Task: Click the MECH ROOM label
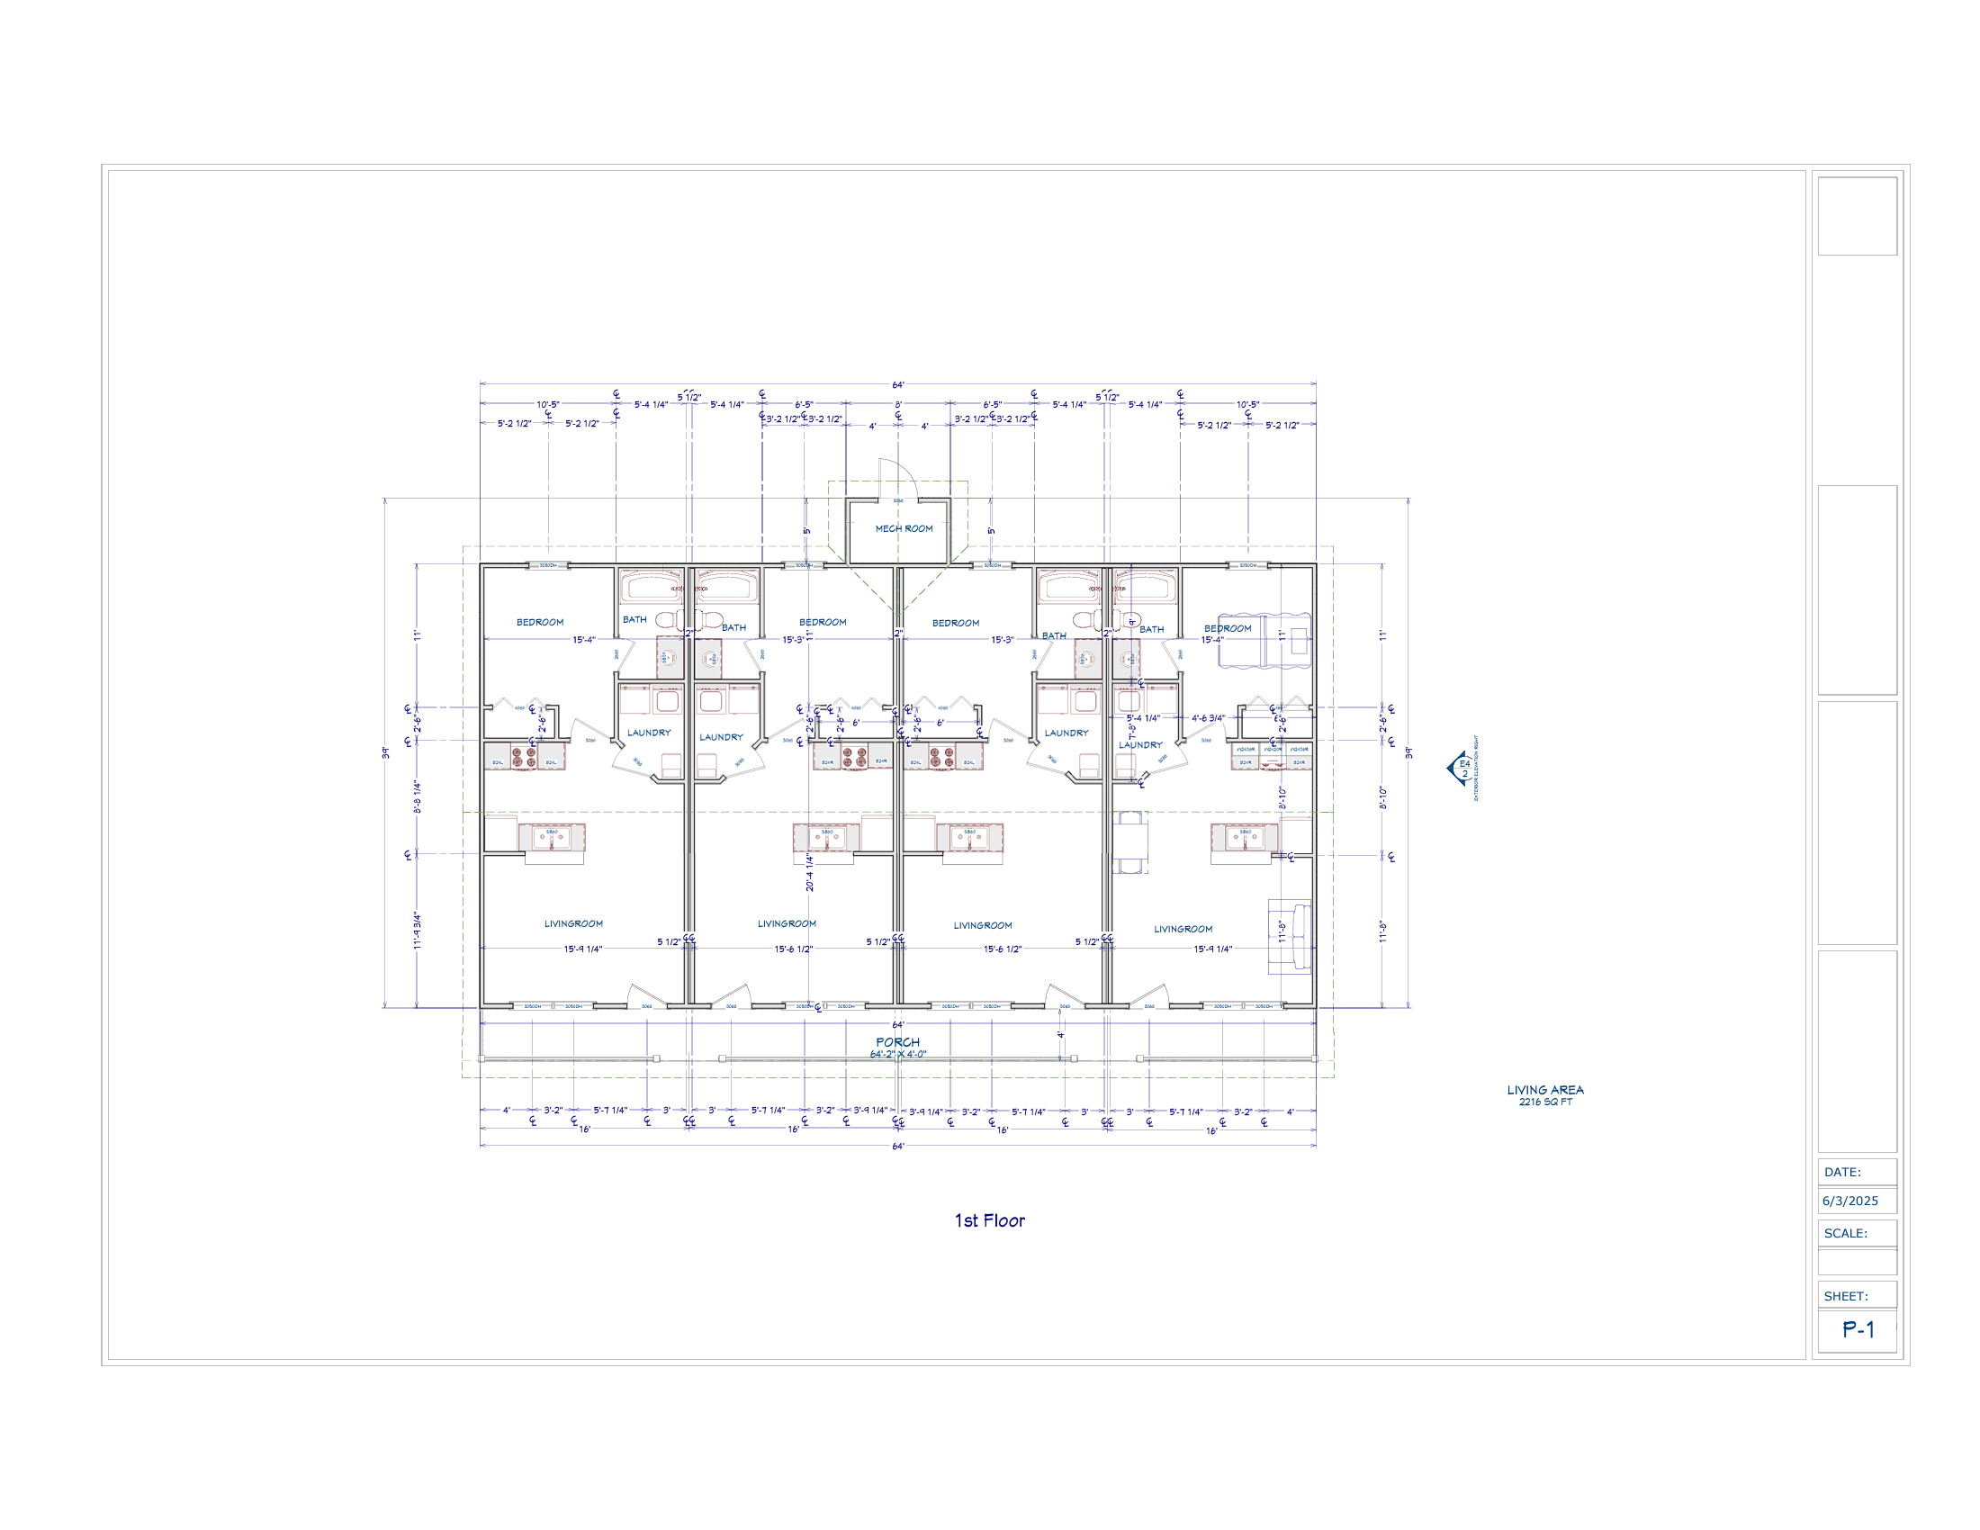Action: coord(903,528)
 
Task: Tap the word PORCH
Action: coord(897,1042)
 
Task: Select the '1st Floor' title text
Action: coord(989,1221)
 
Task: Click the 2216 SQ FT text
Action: coord(1544,1102)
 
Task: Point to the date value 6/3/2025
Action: coord(1849,1201)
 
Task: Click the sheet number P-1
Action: coord(1858,1329)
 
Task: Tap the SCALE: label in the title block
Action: coord(1845,1234)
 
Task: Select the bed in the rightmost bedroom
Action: coord(1264,641)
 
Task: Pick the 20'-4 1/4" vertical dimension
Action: coord(810,872)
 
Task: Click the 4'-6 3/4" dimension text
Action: coord(1208,718)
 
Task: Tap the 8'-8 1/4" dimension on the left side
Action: coord(418,796)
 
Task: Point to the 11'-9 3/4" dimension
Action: coord(418,930)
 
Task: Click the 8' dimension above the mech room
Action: coord(898,404)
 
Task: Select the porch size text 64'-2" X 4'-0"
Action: coord(897,1055)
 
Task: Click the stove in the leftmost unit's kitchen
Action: coord(524,758)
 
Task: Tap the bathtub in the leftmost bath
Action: coord(650,588)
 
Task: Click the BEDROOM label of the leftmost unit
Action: coord(539,622)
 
